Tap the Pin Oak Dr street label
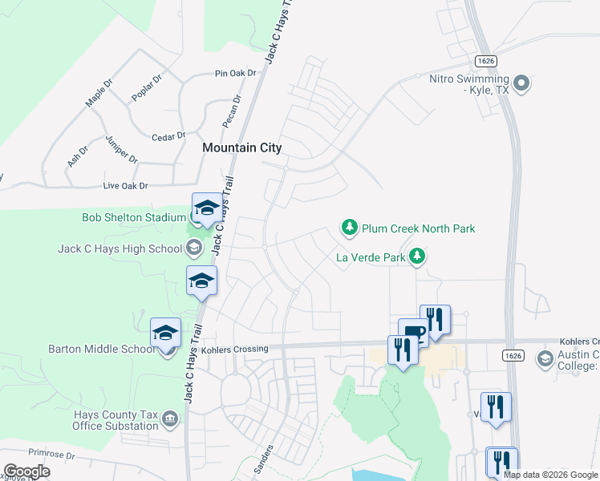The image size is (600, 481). point(235,73)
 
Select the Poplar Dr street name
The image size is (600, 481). point(147,88)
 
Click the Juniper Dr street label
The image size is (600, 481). point(121,149)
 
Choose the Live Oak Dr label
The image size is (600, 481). point(126,186)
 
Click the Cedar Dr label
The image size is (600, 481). point(169,135)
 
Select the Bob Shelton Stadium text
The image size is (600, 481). point(134,217)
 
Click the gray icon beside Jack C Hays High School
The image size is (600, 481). point(193,249)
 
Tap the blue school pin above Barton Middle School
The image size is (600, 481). point(166,333)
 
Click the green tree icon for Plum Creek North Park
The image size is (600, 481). point(350,228)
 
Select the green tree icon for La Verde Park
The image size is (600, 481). point(416,257)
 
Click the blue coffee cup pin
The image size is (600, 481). point(414,332)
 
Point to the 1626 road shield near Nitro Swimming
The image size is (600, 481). point(484,60)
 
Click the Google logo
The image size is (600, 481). point(26,471)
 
